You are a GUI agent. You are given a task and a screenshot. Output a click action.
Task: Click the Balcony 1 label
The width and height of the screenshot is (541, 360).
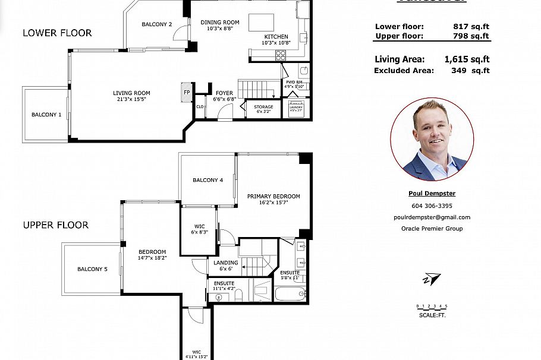pos(46,114)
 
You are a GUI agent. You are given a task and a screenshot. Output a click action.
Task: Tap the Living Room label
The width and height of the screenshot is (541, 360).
pos(131,93)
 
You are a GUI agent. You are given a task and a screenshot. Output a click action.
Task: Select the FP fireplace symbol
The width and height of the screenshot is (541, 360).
pos(186,92)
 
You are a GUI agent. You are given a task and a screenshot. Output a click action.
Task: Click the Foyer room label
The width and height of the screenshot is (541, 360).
pos(224,93)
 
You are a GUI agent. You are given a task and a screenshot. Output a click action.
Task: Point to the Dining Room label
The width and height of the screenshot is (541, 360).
pos(219,22)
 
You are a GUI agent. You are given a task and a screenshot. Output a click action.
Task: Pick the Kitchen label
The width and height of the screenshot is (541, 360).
pos(276,37)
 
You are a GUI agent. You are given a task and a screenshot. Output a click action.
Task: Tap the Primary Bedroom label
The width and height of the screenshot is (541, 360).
pos(273,196)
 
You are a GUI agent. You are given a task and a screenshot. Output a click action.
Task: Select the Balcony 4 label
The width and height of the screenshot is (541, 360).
pos(207,180)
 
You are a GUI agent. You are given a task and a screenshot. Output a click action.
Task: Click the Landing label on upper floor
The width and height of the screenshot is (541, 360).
pos(225,263)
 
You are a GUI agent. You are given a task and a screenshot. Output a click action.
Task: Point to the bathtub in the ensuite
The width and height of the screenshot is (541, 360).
pos(290,293)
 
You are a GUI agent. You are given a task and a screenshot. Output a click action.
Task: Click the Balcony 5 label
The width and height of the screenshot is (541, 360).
pos(92,269)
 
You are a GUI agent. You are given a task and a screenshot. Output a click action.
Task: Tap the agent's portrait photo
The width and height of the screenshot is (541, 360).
pos(432,140)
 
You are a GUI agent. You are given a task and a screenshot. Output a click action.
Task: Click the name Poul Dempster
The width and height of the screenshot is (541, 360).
pos(432,193)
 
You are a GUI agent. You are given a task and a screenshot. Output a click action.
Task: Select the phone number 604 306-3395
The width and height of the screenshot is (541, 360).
pos(432,206)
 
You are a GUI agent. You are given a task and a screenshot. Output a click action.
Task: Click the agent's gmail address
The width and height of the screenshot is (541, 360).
pos(432,217)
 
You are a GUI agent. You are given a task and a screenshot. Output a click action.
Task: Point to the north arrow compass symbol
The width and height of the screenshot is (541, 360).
pos(432,279)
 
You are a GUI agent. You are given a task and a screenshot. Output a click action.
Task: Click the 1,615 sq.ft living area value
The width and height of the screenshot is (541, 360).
pos(467,59)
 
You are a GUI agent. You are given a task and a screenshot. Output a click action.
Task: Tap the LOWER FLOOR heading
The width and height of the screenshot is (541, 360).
pos(57,33)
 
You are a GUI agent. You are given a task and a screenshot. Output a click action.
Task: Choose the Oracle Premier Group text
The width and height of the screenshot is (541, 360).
pos(432,228)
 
